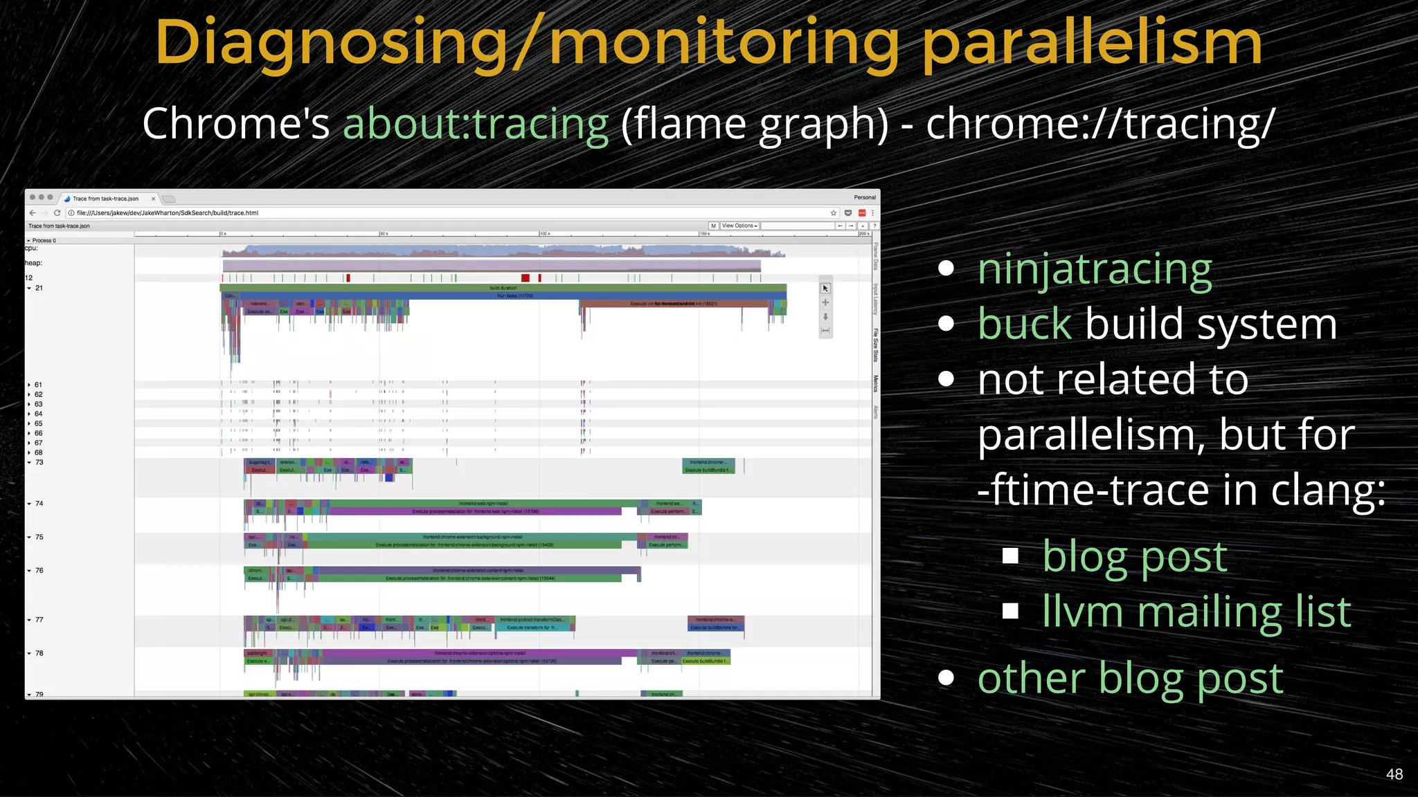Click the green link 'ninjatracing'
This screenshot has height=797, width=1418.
click(x=1094, y=270)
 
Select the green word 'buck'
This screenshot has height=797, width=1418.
click(x=1024, y=324)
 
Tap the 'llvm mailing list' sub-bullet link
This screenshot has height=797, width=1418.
click(x=1196, y=612)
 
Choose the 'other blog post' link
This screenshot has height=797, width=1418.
click(x=1130, y=679)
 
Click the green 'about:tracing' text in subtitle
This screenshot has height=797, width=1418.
click(x=476, y=124)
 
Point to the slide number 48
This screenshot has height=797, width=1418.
click(x=1394, y=774)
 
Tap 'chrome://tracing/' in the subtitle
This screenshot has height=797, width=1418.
click(x=1100, y=124)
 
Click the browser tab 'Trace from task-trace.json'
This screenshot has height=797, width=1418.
click(x=105, y=199)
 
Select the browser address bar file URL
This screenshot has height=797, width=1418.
click(x=167, y=213)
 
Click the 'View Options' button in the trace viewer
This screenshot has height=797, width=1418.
click(x=739, y=226)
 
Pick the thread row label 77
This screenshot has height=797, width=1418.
click(x=39, y=620)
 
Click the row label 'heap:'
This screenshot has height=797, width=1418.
click(x=33, y=263)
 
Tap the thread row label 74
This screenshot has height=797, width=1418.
click(x=39, y=504)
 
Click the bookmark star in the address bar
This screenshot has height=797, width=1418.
click(x=834, y=213)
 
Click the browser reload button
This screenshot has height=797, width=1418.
click(x=57, y=213)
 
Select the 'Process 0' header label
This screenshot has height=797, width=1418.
click(x=44, y=241)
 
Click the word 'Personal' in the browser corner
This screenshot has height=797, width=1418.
click(x=864, y=198)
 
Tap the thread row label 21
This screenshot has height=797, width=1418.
click(x=39, y=288)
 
